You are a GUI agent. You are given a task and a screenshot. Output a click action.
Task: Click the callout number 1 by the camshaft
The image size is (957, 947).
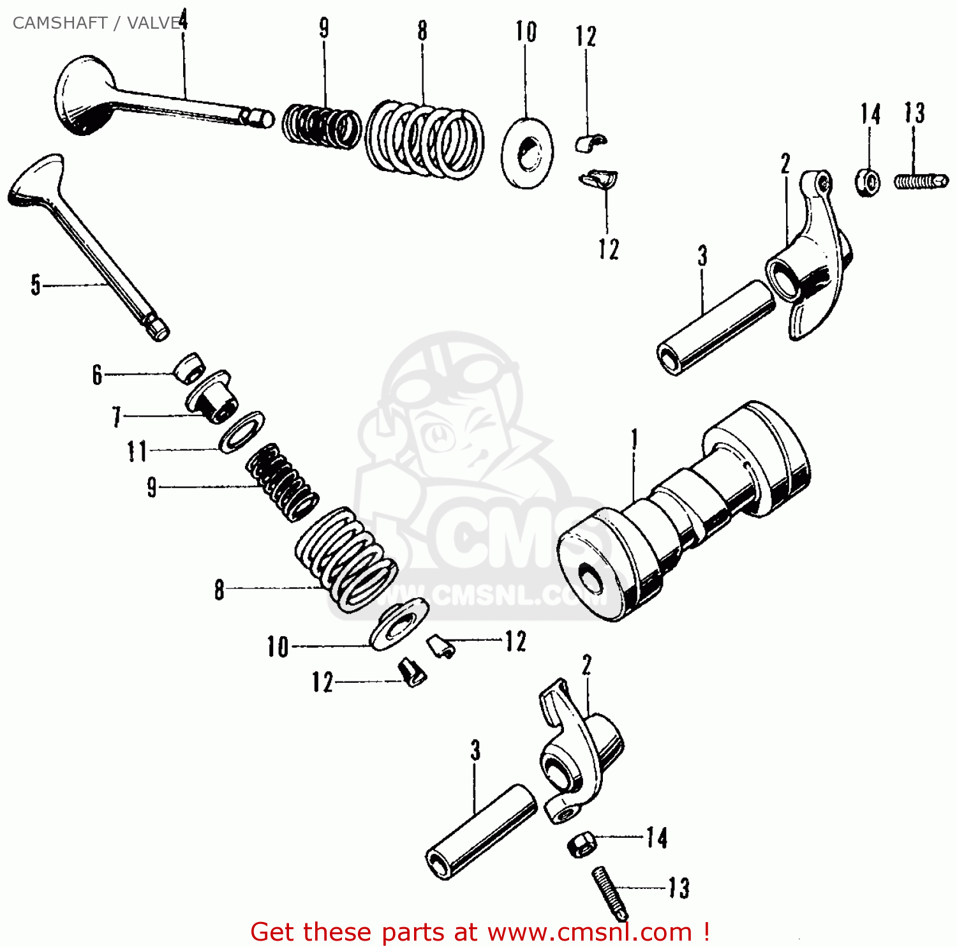tap(634, 440)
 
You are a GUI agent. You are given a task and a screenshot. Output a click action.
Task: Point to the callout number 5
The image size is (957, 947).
tap(36, 285)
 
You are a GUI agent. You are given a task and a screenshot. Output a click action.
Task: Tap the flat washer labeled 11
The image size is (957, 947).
tap(241, 432)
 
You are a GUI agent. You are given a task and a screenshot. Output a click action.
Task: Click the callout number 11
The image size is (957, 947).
tap(137, 451)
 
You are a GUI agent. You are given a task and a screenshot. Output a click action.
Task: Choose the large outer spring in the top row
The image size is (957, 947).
tap(424, 139)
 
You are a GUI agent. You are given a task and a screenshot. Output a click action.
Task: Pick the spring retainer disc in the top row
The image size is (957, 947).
tap(527, 153)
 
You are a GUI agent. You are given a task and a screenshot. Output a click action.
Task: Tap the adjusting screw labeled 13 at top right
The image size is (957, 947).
tap(921, 182)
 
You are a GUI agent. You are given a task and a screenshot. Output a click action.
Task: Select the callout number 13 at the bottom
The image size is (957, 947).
tap(679, 888)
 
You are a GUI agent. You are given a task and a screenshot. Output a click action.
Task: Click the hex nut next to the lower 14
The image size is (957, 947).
tap(581, 844)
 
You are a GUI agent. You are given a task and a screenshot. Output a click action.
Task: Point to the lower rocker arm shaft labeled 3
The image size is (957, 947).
tap(482, 832)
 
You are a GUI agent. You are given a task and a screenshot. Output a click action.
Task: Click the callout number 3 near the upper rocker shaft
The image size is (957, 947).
tap(702, 256)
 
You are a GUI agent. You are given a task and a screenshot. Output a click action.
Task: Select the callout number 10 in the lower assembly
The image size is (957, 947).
tap(278, 647)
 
